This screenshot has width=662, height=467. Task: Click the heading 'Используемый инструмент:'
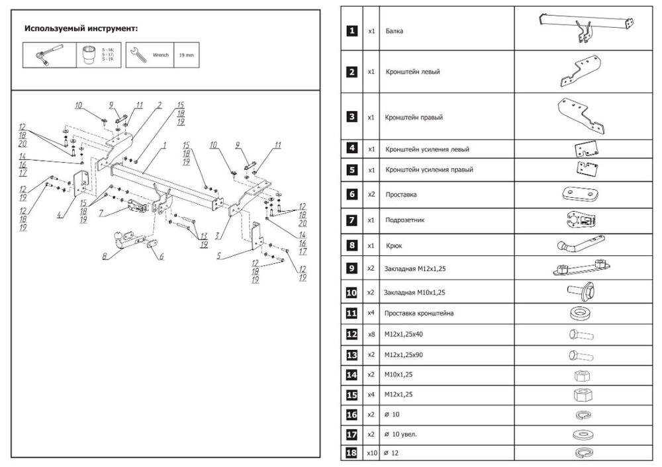click(x=81, y=29)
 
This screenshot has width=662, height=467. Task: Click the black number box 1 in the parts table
click(x=352, y=30)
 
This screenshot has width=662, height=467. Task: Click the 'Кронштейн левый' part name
click(x=412, y=71)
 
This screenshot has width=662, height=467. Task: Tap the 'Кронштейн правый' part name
click(x=414, y=117)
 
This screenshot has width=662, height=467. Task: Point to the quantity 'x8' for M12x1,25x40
click(x=371, y=334)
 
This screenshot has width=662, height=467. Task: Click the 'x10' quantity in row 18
click(x=371, y=453)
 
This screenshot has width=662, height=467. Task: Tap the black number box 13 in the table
click(x=352, y=355)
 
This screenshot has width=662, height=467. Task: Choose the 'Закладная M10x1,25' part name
click(x=415, y=292)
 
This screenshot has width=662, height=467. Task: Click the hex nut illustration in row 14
click(x=580, y=375)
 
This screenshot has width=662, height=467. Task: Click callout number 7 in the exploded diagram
click(x=101, y=213)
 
